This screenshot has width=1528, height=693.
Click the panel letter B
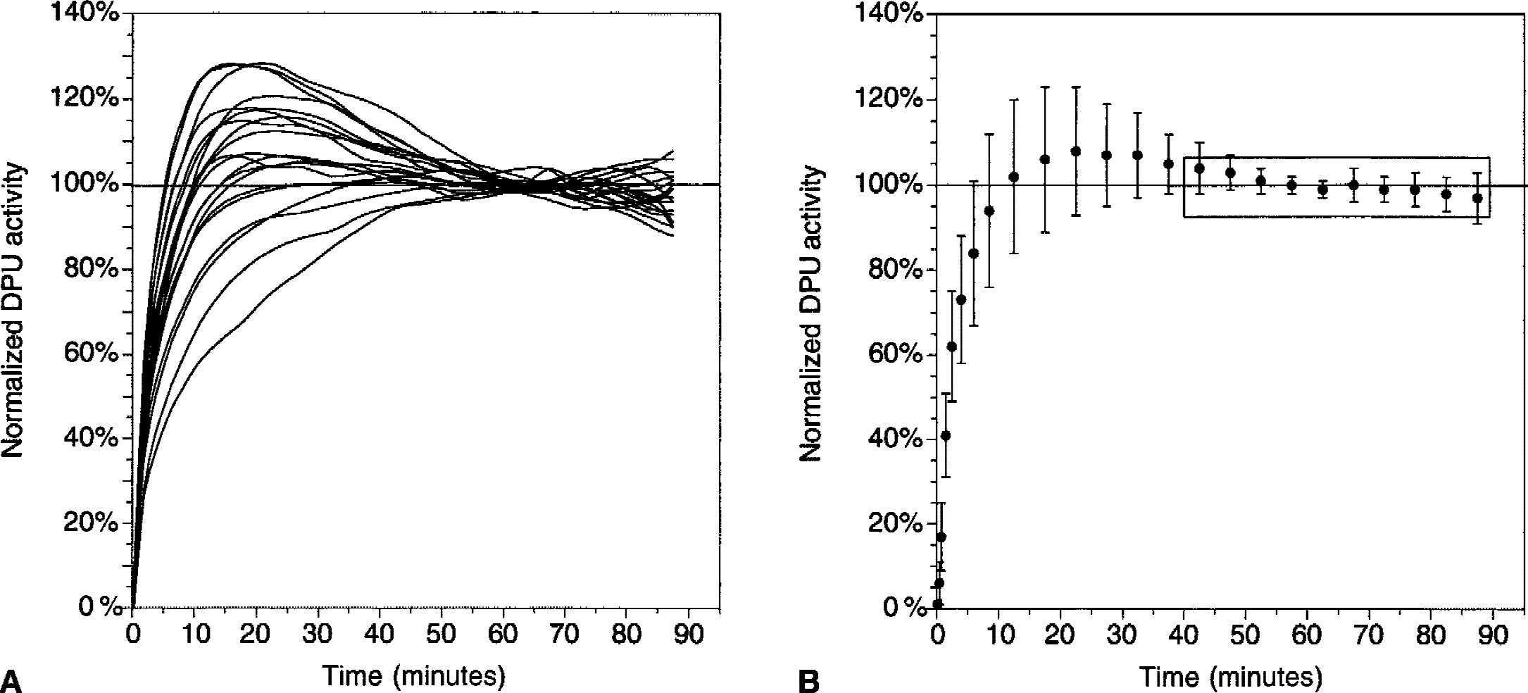click(809, 681)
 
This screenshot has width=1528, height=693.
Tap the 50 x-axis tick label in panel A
click(442, 635)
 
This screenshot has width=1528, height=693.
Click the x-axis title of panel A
click(414, 676)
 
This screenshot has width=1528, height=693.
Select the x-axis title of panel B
click(1230, 677)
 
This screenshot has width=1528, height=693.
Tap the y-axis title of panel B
click(811, 313)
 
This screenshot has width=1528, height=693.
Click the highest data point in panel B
click(1075, 151)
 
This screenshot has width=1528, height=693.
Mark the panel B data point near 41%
click(946, 436)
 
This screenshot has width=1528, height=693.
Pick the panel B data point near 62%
click(952, 346)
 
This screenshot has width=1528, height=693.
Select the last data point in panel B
click(1477, 198)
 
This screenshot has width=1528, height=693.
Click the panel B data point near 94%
click(989, 211)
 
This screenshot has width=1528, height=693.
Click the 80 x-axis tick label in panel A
click(627, 635)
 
